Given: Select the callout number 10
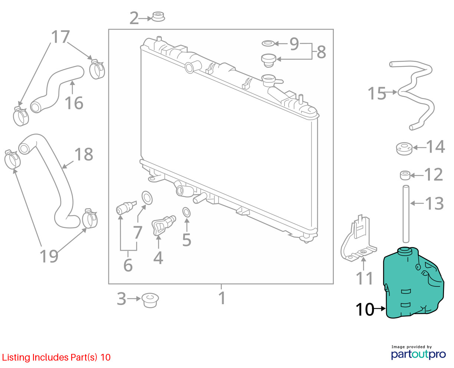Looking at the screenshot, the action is click(x=365, y=309).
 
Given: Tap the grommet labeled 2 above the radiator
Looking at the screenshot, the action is click(x=158, y=17).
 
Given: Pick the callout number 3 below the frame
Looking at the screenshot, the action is click(x=122, y=299).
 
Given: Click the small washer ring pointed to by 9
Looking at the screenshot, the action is click(x=268, y=43).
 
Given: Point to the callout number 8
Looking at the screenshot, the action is click(x=322, y=52).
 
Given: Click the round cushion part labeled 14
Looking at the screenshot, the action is click(x=404, y=148).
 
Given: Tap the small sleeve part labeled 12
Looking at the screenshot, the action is click(x=405, y=175).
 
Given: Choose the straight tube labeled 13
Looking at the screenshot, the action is click(x=406, y=214).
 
